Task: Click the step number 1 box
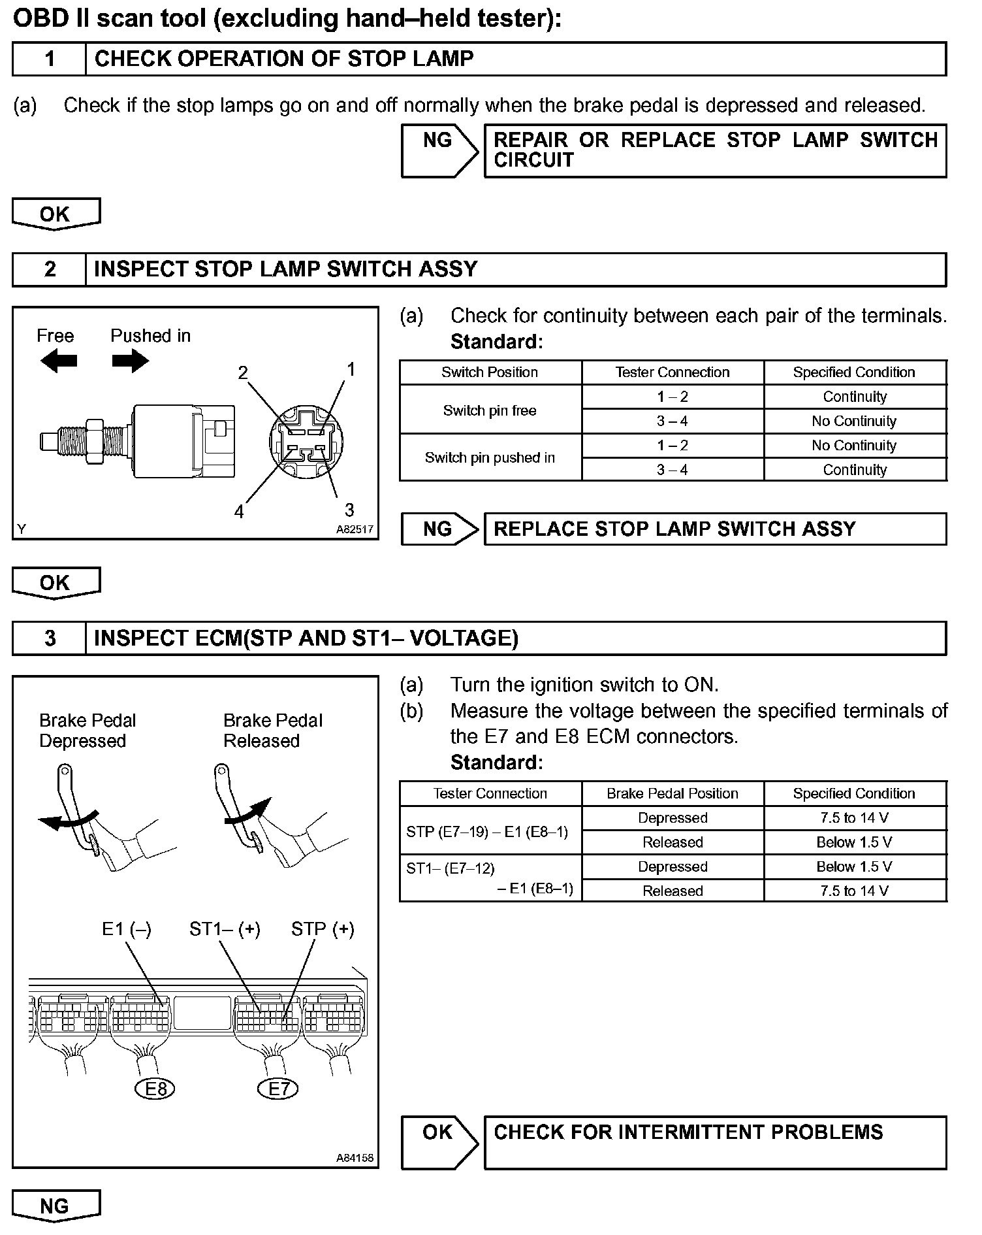tap(49, 59)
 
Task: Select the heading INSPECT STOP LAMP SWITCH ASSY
tap(285, 269)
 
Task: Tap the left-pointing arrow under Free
tap(58, 361)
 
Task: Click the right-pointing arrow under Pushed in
tap(130, 361)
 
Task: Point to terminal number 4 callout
tap(239, 512)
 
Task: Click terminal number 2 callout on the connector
tap(243, 373)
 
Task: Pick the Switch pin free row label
tap(490, 410)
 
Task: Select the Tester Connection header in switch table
tap(673, 372)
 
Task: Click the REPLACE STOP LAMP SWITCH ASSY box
tap(714, 529)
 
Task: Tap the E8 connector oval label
tap(155, 1089)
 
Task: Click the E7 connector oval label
tap(279, 1089)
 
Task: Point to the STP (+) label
tap(323, 929)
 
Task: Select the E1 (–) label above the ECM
tap(127, 929)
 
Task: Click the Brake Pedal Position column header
tap(673, 793)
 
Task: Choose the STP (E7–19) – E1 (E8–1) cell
tap(487, 831)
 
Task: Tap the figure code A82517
tap(355, 529)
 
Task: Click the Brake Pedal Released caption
tap(273, 731)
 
